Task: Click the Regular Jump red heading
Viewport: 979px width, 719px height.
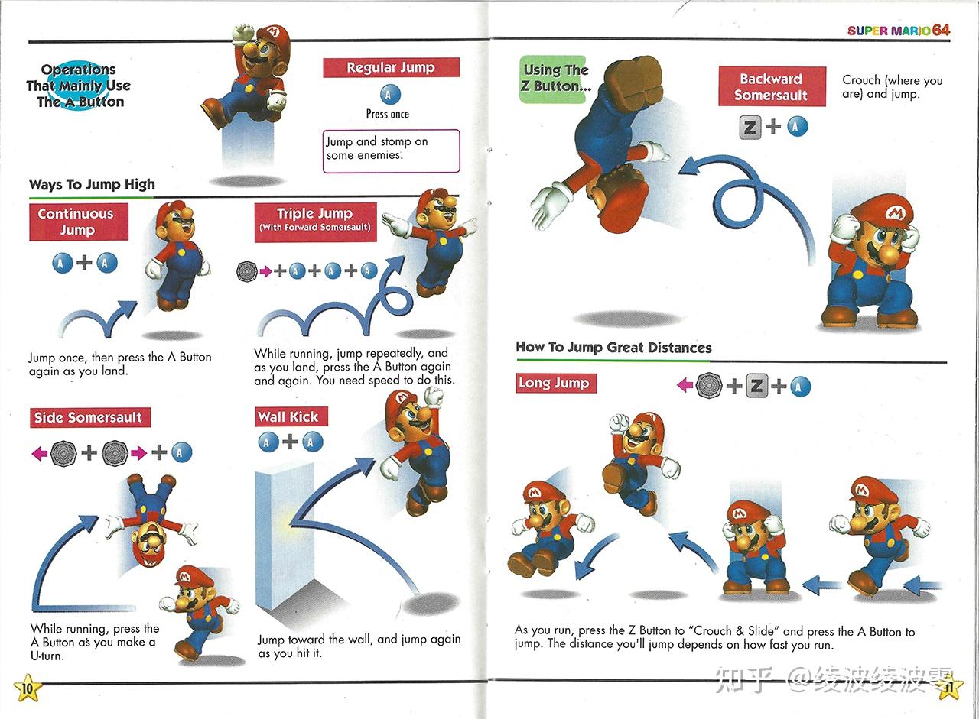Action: coord(391,68)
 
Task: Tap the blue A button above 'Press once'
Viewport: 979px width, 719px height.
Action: coord(389,95)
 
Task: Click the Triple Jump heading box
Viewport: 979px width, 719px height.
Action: coord(315,220)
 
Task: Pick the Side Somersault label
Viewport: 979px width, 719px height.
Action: coord(89,417)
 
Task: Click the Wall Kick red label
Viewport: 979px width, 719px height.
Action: coord(288,416)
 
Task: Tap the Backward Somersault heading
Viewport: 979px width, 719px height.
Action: coord(771,86)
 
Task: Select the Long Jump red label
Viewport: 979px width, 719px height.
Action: coord(555,383)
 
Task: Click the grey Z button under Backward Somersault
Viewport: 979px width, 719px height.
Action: coord(750,126)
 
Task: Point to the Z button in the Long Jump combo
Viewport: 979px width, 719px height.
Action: coord(756,386)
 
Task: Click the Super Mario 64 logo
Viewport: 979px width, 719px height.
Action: coord(898,30)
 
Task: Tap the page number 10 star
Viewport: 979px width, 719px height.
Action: coord(27,688)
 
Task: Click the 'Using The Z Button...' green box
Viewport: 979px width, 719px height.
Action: coord(554,79)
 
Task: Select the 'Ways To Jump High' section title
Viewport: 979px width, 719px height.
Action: coord(92,184)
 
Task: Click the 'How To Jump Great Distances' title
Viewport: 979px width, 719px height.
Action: coord(613,348)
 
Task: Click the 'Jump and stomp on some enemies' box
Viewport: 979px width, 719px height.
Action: coord(391,151)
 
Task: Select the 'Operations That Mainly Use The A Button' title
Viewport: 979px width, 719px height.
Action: coord(79,86)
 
